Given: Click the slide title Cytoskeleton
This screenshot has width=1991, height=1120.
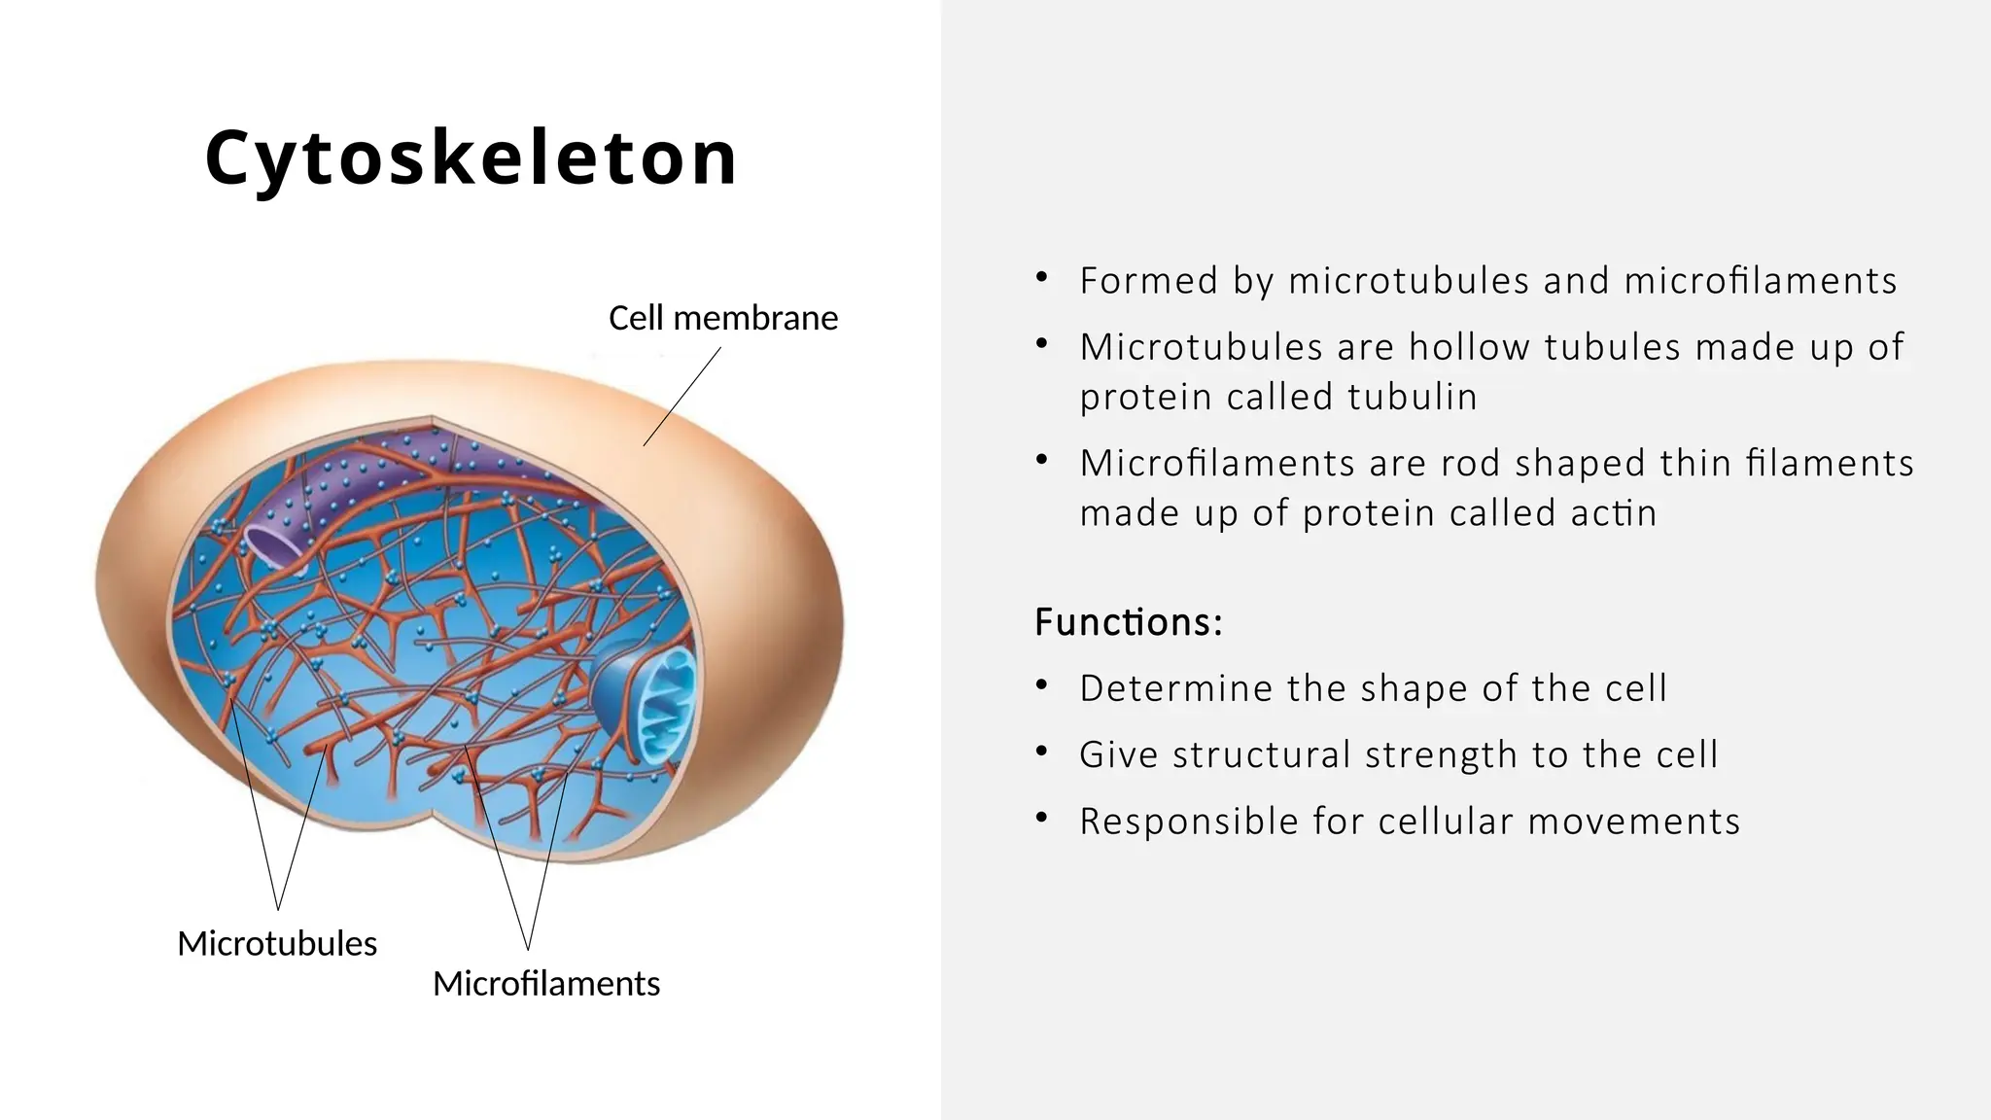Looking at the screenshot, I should (472, 158).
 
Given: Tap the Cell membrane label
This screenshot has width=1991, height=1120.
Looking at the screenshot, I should (722, 318).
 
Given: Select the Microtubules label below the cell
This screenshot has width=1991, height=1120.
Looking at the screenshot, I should (277, 943).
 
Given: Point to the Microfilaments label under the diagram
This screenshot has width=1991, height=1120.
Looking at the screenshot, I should (545, 983).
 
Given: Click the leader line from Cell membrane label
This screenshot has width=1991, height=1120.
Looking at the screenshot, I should (681, 398).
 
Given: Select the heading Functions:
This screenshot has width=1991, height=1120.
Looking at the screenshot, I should (1128, 622).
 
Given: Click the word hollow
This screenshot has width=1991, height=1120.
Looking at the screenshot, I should (1469, 347).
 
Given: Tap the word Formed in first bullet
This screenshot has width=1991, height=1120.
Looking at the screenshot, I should (1148, 281).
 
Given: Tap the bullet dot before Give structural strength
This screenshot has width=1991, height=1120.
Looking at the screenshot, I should (1042, 752).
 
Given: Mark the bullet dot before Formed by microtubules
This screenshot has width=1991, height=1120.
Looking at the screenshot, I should (1042, 278).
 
